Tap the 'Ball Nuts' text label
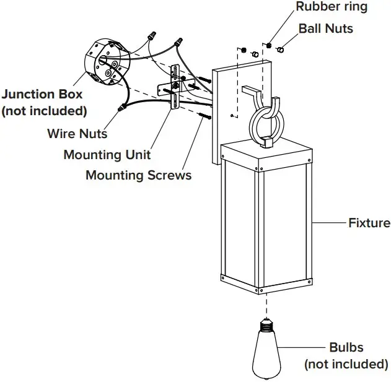[325, 28]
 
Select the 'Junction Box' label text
[42, 95]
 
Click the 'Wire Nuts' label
[77, 133]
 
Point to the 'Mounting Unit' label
[107, 154]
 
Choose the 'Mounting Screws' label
[138, 175]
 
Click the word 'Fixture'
[369, 222]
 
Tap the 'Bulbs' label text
[346, 347]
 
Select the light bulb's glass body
[266, 353]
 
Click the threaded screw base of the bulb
[266, 325]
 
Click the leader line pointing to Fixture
[332, 222]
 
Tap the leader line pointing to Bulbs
[304, 347]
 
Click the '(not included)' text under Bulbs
[346, 364]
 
